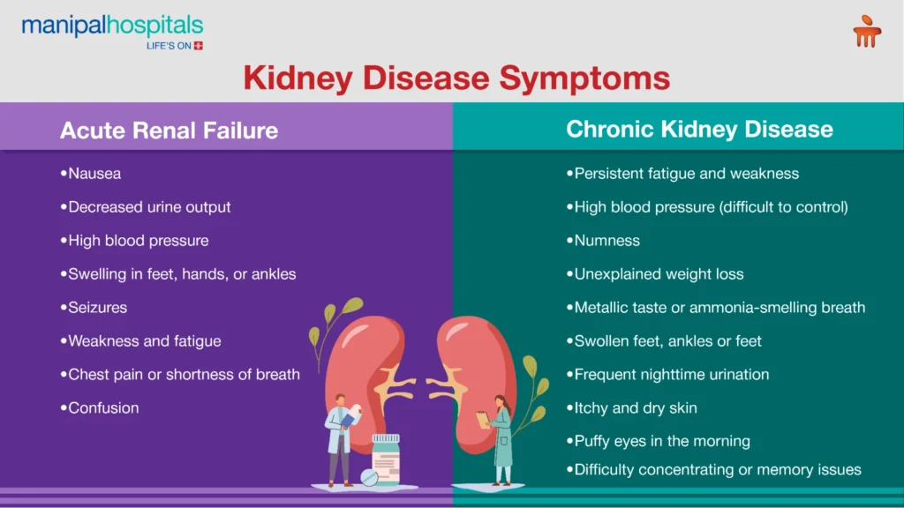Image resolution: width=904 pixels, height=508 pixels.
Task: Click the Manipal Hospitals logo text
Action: pyautogui.click(x=112, y=26)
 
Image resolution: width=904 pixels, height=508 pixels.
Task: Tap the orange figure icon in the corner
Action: pyautogui.click(x=867, y=32)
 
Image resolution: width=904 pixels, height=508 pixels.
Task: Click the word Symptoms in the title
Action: pyautogui.click(x=584, y=78)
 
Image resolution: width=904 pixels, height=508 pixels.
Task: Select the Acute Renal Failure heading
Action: pyautogui.click(x=169, y=131)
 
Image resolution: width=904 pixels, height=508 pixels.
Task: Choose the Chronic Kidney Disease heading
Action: pyautogui.click(x=699, y=129)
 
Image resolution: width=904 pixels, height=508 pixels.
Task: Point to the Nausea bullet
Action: pyautogui.click(x=91, y=174)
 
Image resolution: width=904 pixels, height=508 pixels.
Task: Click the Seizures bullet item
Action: pyautogui.click(x=94, y=308)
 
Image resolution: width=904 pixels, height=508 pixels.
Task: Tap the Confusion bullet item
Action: pyautogui.click(x=100, y=407)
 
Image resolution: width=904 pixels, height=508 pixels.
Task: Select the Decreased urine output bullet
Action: pyautogui.click(x=146, y=206)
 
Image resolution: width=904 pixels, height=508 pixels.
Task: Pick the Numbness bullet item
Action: pyautogui.click(x=603, y=240)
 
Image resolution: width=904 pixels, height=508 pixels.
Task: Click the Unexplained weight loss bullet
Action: pyautogui.click(x=655, y=274)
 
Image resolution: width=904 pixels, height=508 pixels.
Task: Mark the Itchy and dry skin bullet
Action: pyautogui.click(x=632, y=407)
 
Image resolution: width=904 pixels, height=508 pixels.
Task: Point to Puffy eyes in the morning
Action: pyautogui.click(x=659, y=441)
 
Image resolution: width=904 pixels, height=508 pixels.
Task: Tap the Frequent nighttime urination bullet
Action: pyautogui.click(x=667, y=374)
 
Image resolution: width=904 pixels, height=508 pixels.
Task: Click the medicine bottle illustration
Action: pyautogui.click(x=386, y=459)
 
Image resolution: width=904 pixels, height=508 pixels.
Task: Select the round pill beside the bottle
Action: pyautogui.click(x=369, y=477)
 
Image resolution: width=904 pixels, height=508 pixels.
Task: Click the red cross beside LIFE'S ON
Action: pyautogui.click(x=199, y=46)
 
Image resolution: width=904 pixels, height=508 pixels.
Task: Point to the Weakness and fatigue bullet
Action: pyautogui.click(x=140, y=341)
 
